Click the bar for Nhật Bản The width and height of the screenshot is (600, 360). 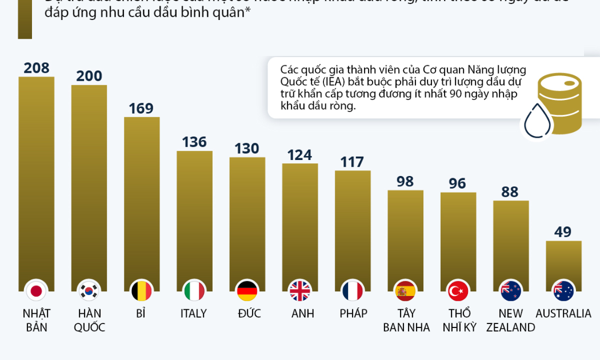click(37, 177)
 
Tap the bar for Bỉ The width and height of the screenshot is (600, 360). click(142, 197)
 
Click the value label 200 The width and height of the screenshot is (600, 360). click(89, 76)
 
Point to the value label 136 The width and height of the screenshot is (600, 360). click(194, 142)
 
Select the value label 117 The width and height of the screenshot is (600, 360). click(352, 162)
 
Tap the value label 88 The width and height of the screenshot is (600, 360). click(510, 191)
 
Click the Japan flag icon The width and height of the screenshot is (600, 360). click(37, 291)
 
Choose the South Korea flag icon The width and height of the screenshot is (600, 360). click(89, 291)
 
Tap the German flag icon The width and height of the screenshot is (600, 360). click(247, 291)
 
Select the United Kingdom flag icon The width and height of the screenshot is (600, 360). click(300, 291)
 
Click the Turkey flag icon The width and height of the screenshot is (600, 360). click(458, 291)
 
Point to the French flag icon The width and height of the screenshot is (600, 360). click(353, 291)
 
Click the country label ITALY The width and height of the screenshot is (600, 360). click(194, 314)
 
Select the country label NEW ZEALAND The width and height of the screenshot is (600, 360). click(510, 321)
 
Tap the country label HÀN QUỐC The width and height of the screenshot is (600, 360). click(89, 321)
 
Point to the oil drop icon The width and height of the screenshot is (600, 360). click(537, 121)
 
